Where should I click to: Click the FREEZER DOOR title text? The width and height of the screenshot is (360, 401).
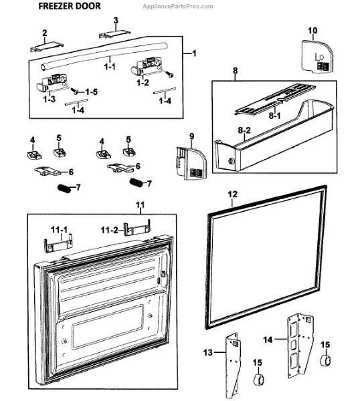point(70,6)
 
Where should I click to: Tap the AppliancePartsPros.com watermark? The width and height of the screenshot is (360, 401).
point(178,7)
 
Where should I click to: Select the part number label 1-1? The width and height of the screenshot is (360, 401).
point(110,67)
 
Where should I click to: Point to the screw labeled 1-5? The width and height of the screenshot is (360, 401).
point(75,90)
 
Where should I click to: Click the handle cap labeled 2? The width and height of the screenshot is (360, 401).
point(47,47)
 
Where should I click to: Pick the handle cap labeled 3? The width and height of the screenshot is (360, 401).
point(114,33)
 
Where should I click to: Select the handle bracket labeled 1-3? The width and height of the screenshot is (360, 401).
point(53,82)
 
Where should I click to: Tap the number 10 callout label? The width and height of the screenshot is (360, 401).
point(312,31)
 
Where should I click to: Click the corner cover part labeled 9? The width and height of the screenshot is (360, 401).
point(191,163)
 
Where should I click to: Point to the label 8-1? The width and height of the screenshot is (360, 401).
point(274,116)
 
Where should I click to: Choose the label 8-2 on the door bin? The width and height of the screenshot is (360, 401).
point(244,130)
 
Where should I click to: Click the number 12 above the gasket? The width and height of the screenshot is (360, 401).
point(232,194)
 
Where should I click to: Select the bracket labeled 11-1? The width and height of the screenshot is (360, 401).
point(58,243)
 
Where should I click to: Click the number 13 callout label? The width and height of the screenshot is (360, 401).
point(208,353)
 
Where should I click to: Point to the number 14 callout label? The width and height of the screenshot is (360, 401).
point(268,340)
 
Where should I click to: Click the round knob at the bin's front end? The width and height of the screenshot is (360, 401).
point(232,161)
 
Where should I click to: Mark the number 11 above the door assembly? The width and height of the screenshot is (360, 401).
point(141,205)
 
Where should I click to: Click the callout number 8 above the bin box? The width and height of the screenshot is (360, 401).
point(235,70)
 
